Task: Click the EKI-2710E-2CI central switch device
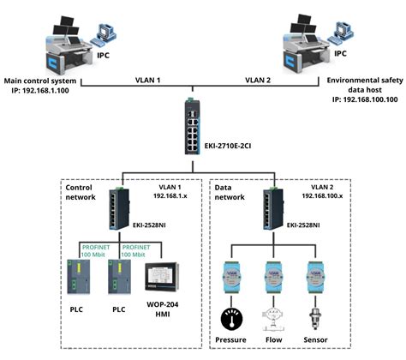pyautogui.click(x=204, y=126)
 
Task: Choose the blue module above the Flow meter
pyautogui.click(x=274, y=274)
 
